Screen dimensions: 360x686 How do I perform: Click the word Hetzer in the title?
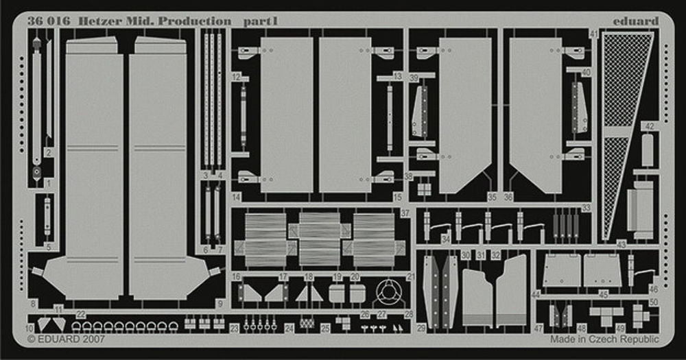coord(84,21)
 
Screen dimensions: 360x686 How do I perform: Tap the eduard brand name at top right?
coord(635,21)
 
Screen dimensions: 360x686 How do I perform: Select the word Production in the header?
coord(195,21)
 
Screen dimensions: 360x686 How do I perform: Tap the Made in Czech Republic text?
coord(604,339)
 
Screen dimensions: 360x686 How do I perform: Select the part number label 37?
coord(405,213)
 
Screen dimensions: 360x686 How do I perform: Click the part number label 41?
coord(594,34)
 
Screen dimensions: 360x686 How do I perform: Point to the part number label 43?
coord(621,244)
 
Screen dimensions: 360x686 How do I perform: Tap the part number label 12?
coord(236,77)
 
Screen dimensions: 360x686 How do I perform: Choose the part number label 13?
coord(398,77)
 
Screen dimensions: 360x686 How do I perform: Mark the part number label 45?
coord(603,296)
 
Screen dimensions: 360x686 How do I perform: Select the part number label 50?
coord(653,302)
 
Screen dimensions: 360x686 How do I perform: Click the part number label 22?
coord(81,314)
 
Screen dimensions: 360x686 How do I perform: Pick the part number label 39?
coord(414,79)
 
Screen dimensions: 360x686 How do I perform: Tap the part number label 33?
coord(586,208)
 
